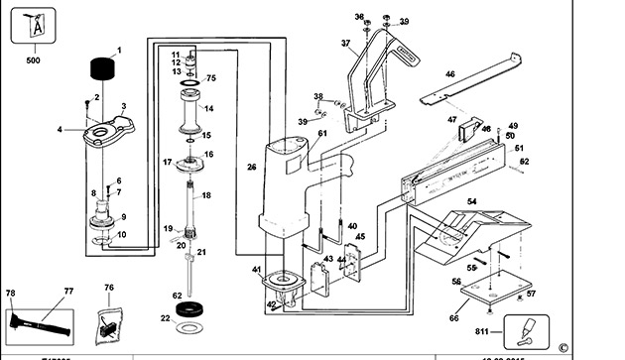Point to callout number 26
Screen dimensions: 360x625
pos(251,168)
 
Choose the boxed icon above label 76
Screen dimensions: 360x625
pos(109,321)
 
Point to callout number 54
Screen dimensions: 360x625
pos(472,202)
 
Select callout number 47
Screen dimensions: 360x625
pos(452,120)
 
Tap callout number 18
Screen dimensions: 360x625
pos(206,195)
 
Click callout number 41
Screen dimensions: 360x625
pos(256,270)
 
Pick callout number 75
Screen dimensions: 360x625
pos(210,77)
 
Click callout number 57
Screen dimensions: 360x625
pos(530,294)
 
